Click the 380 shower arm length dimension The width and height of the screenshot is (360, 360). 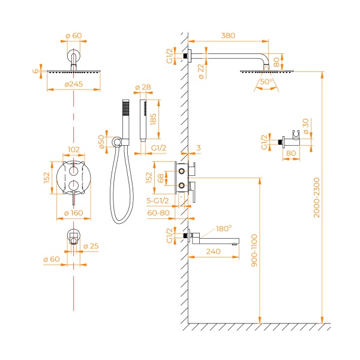pyautogui.click(x=229, y=35)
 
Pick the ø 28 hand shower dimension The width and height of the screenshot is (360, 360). pyautogui.click(x=143, y=88)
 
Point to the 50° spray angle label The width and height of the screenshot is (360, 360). pyautogui.click(x=267, y=82)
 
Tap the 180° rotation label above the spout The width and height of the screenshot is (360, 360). pyautogui.click(x=223, y=229)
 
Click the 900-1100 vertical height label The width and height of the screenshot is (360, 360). pyautogui.click(x=254, y=251)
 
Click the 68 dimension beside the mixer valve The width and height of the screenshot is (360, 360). pyautogui.click(x=161, y=178)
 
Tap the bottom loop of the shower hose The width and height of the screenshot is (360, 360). pyautogui.click(x=119, y=220)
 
